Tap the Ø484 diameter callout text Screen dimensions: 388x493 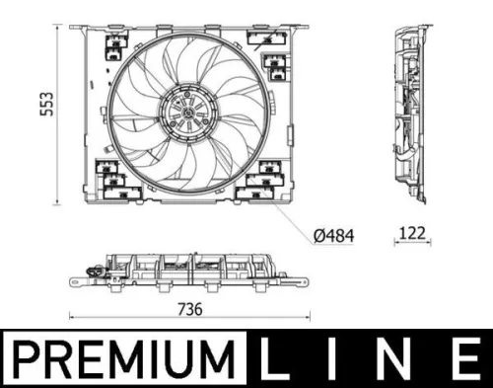(x=332, y=236)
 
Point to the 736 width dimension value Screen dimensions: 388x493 (x=188, y=308)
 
